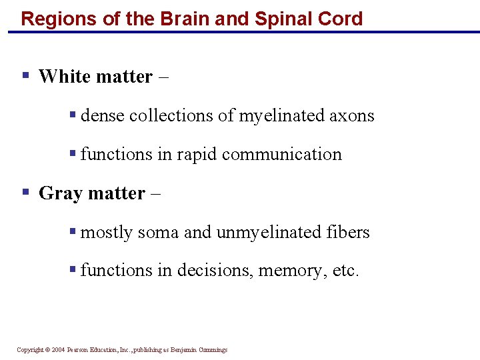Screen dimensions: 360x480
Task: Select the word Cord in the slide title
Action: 341,18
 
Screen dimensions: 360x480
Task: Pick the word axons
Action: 353,116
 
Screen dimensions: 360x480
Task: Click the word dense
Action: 103,116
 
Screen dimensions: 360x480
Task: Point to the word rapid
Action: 197,155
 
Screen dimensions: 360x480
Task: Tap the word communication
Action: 282,155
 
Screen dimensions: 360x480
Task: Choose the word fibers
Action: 348,232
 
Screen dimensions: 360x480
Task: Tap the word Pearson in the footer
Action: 78,350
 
